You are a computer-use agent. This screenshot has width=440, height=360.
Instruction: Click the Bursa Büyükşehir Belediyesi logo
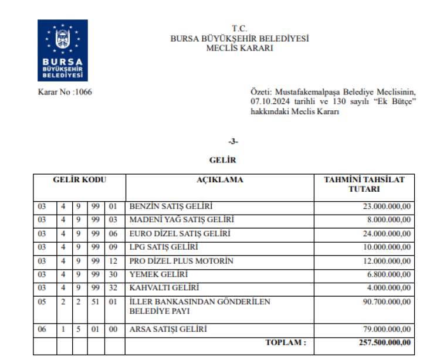coord(63,50)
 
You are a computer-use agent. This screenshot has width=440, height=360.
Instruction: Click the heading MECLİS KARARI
coord(239,48)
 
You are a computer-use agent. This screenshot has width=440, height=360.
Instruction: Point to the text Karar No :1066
coord(65,92)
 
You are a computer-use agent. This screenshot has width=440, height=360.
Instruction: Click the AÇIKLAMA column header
coord(219,180)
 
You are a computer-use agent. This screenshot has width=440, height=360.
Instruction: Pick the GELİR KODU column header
coord(79,180)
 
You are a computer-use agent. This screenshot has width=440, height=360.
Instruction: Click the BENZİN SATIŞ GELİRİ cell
coord(171,207)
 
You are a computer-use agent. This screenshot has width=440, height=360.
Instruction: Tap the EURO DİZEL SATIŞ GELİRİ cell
coord(180,234)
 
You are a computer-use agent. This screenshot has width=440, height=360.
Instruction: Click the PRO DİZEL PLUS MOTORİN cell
coord(181,261)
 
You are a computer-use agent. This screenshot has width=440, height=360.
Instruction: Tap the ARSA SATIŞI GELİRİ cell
coord(168,330)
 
